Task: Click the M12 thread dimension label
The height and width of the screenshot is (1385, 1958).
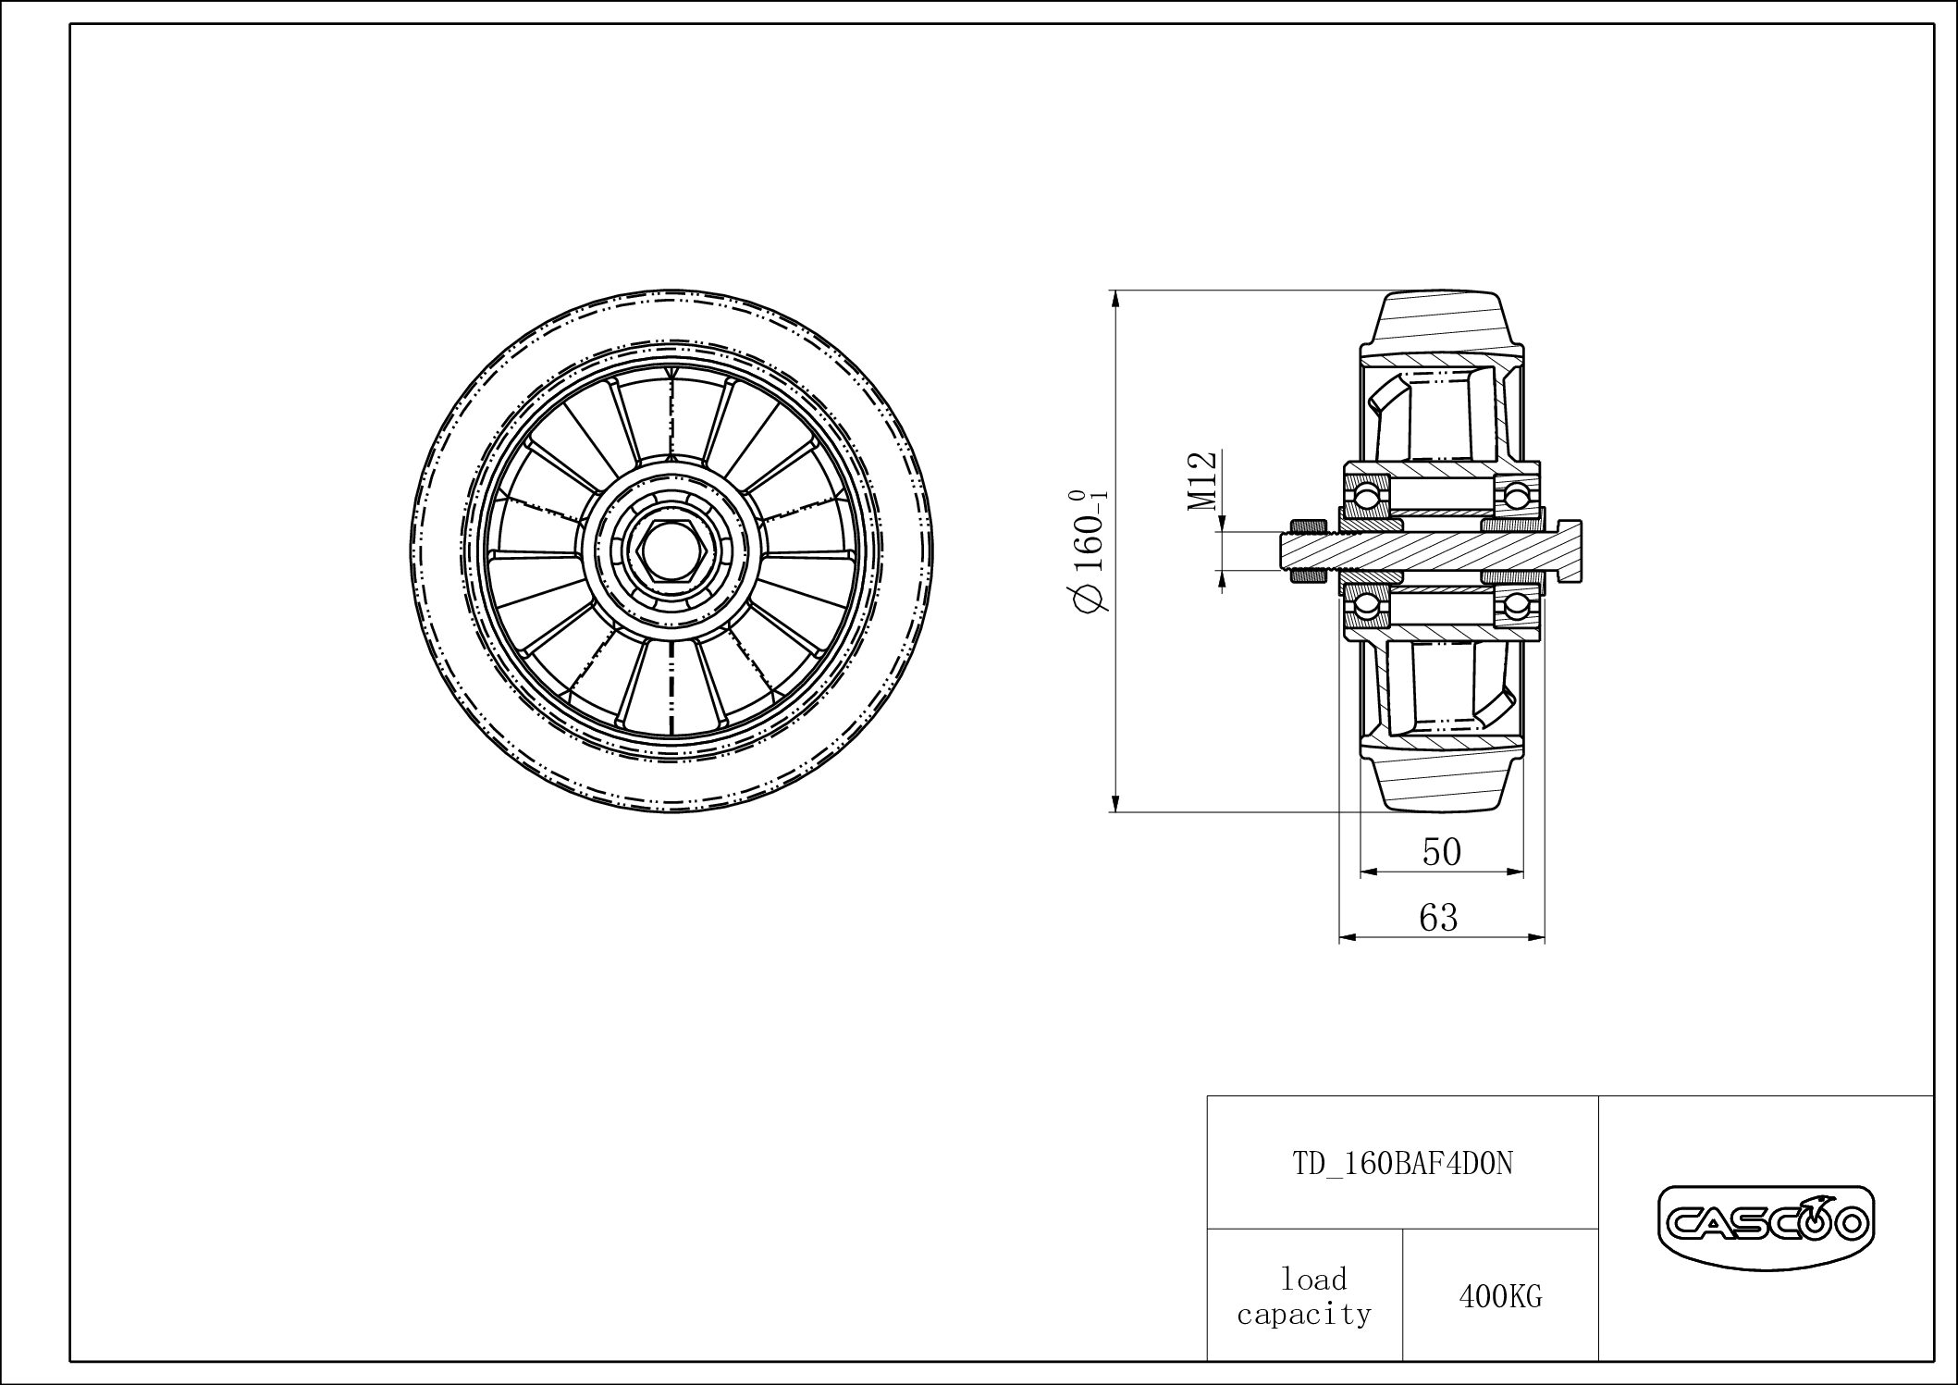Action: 1201,482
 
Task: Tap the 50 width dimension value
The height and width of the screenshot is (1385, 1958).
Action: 1441,851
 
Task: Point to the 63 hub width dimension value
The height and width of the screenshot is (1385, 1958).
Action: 1438,917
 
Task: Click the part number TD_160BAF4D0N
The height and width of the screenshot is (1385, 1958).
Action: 1402,1163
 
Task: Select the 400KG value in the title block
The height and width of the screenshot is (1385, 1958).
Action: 1500,1297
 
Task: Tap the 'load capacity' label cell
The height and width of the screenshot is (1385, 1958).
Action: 1304,1296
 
